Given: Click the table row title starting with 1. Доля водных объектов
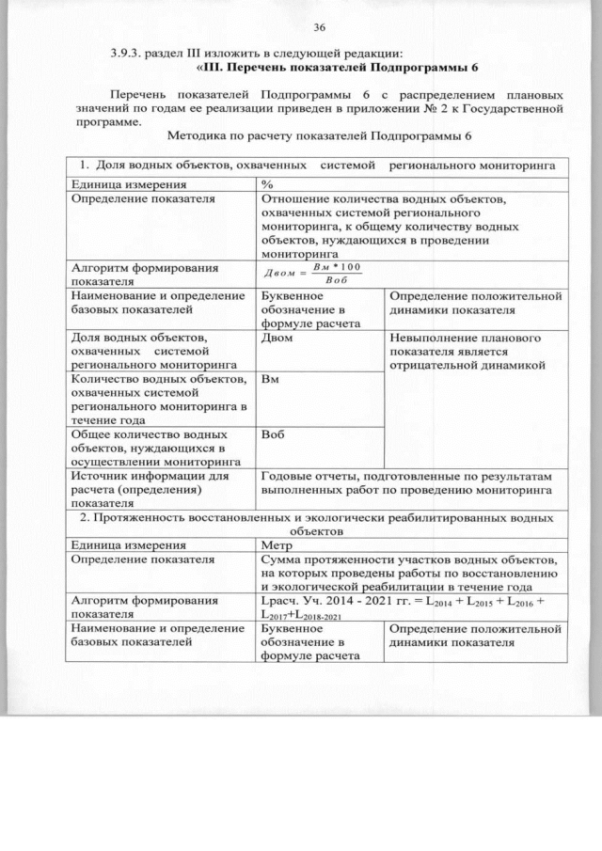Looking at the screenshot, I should [319, 166].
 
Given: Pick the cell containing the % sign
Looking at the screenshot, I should [267, 183].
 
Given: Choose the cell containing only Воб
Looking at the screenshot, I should [273, 435].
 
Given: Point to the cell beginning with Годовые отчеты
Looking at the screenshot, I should [411, 483].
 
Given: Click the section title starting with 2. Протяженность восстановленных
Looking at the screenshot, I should [319, 524].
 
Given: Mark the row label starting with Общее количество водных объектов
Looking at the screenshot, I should [151, 448].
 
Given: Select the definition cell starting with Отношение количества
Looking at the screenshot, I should [411, 226].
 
